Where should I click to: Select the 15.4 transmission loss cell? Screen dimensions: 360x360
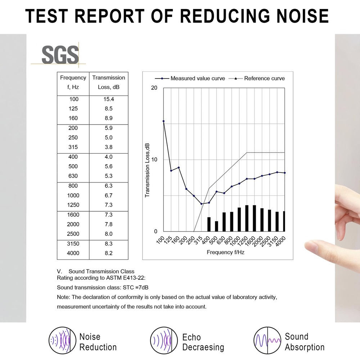(x=109, y=99)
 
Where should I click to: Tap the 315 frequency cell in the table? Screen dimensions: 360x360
(x=73, y=147)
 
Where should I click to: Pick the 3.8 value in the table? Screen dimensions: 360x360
(x=109, y=147)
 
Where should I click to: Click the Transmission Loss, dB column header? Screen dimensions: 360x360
(x=109, y=82)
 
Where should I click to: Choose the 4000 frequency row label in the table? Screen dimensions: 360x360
(x=73, y=253)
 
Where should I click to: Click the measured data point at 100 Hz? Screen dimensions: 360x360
(x=163, y=121)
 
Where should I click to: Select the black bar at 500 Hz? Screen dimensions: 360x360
(x=216, y=226)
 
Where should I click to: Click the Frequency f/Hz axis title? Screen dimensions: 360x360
(x=226, y=252)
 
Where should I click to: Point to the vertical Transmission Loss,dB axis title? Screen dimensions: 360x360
(x=147, y=170)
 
